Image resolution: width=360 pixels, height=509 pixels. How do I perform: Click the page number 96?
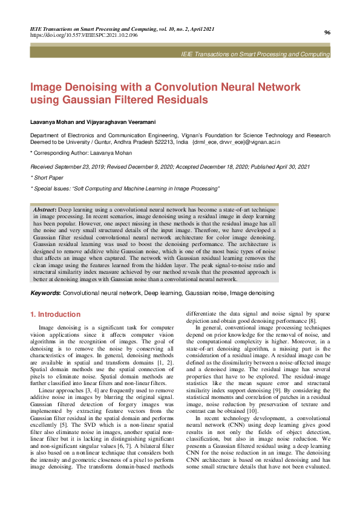pos(327,33)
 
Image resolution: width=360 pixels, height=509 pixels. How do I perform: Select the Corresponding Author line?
pos(82,154)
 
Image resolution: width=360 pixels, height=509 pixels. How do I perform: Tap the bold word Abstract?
pos(45,209)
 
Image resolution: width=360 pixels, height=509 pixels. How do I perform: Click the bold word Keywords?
pos(45,293)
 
